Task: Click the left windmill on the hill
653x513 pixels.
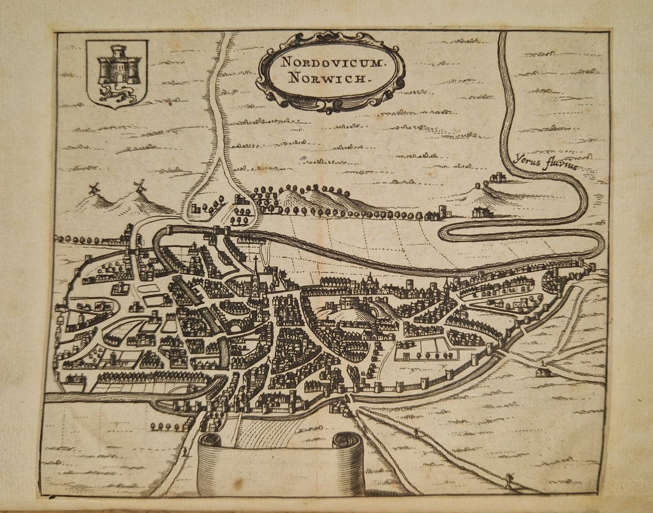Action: tap(94, 189)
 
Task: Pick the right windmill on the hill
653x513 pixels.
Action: tap(140, 186)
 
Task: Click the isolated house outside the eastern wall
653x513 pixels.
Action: tap(543, 370)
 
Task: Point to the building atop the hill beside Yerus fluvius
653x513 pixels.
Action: tap(497, 178)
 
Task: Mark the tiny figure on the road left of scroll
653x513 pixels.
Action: tap(184, 451)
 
